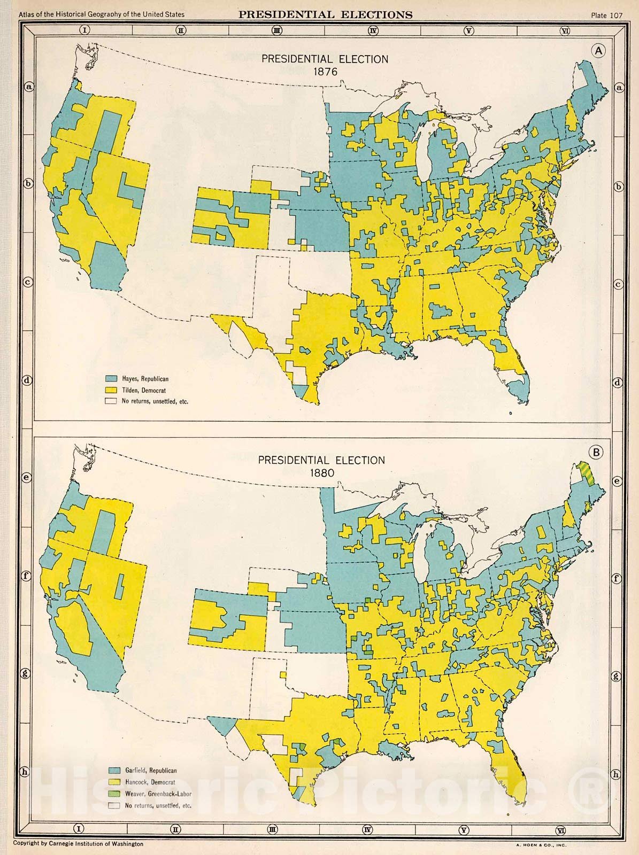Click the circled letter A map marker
click(598, 50)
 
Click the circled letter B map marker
click(597, 453)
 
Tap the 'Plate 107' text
click(606, 15)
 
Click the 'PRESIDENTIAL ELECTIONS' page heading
click(325, 14)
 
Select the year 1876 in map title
click(325, 71)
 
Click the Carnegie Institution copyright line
click(78, 844)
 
